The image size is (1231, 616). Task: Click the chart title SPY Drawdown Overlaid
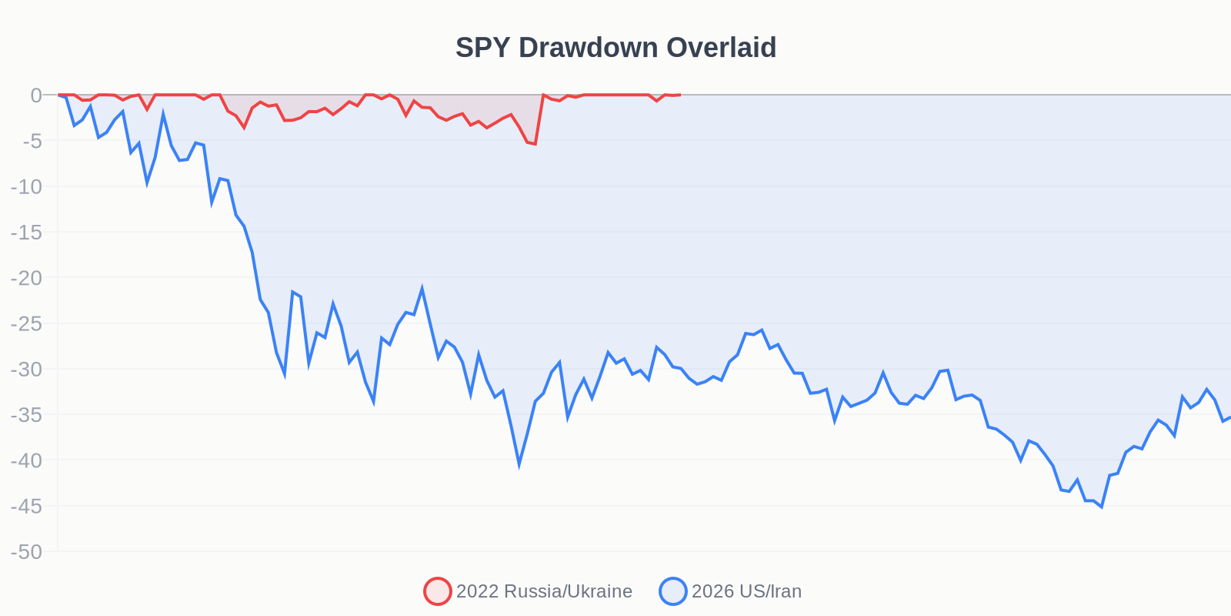pos(615,48)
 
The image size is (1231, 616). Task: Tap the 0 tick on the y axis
pos(36,95)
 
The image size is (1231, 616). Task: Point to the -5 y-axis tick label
pos(32,141)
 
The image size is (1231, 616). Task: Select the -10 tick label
pos(26,186)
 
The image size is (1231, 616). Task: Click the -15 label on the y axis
pos(26,232)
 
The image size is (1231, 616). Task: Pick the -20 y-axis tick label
pos(26,278)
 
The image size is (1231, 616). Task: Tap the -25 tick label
pos(26,323)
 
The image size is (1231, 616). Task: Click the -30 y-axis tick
pos(26,369)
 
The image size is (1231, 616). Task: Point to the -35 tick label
pos(26,415)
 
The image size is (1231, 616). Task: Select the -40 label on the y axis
pos(26,460)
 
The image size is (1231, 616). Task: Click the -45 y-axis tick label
pos(26,506)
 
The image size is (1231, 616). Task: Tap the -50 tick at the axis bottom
pos(26,551)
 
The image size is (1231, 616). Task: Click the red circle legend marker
pos(438,591)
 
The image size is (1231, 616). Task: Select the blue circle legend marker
pos(673,591)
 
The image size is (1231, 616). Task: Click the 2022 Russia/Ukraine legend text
pos(544,591)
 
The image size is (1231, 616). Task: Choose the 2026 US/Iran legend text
pos(746,591)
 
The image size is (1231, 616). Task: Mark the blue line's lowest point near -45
pos(1101,507)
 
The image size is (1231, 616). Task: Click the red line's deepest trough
pos(535,144)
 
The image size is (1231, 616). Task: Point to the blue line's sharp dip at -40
pos(519,464)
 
